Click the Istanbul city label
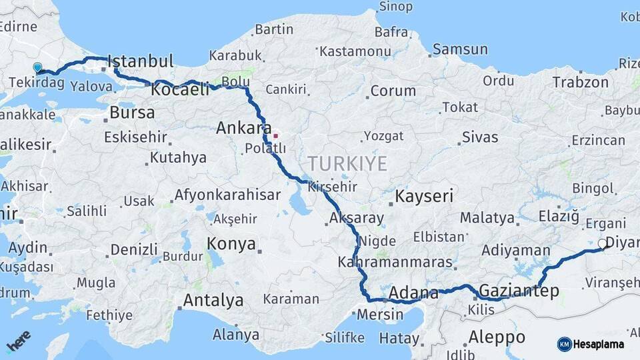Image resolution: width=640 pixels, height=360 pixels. pos(140,61)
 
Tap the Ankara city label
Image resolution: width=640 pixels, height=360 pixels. pos(243,128)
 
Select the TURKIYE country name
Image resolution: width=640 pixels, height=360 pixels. pos(347,163)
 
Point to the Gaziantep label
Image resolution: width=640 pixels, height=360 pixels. pos(519,291)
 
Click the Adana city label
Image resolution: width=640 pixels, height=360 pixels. pos(413,292)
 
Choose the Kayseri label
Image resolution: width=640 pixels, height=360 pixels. pos(424,197)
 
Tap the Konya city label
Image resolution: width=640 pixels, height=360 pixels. pos(231,244)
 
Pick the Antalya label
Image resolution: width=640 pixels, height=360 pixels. pos(213,300)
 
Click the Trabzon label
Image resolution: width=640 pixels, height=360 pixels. pos(580,83)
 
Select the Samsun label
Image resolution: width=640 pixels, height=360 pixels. pos(460,49)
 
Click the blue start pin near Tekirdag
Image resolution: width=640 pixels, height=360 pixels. pos(37,67)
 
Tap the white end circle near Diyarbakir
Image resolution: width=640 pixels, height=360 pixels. pos(603,244)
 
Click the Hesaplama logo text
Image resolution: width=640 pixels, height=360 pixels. pos(598,344)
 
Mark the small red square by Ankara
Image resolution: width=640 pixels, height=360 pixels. pos(275,136)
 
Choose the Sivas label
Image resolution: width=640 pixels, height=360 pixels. pos(479,138)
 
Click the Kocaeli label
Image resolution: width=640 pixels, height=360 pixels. pos(180,89)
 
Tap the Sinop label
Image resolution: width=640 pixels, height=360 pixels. pos(396,7)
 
